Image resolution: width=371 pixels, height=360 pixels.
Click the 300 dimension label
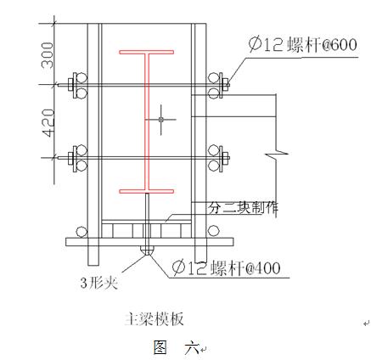(47, 55)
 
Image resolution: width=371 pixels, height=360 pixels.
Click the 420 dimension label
(48, 123)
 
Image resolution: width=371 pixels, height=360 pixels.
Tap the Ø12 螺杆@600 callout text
(302, 45)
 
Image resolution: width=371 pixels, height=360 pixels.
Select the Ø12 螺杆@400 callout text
(227, 267)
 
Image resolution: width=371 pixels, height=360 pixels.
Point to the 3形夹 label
(99, 283)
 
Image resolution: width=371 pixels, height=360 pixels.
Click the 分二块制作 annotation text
(244, 208)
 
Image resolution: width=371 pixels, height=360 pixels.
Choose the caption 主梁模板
(155, 319)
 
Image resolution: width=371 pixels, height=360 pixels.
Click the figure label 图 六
(177, 347)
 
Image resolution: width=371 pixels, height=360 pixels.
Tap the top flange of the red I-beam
(147, 52)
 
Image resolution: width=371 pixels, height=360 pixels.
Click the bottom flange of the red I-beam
(147, 191)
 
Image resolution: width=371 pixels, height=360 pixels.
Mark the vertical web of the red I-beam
(147, 121)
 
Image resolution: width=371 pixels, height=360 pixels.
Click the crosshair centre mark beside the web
(161, 120)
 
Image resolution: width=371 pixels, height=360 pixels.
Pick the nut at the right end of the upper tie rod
(226, 84)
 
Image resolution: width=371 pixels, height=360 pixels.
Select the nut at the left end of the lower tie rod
(70, 158)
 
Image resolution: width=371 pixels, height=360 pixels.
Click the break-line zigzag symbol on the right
(277, 155)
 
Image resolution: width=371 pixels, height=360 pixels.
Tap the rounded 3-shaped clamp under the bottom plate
(147, 250)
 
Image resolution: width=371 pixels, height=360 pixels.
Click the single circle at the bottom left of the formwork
(82, 232)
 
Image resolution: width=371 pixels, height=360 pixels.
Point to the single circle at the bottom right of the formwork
(213, 231)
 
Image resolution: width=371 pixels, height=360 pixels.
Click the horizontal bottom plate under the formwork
(149, 242)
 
